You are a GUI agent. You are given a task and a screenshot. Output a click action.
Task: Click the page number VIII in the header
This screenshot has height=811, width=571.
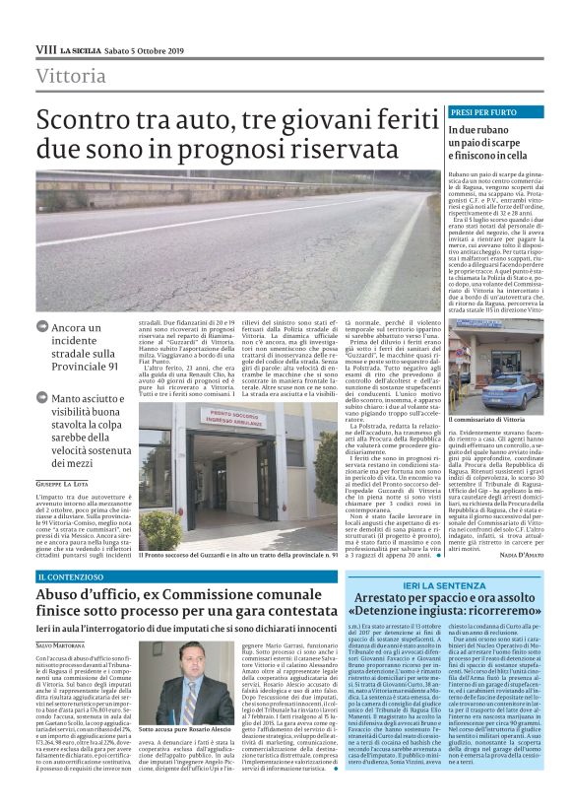45,48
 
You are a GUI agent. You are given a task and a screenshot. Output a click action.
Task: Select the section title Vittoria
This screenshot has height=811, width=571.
70,76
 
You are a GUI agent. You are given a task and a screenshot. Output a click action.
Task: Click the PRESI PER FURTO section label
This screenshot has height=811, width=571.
483,112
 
